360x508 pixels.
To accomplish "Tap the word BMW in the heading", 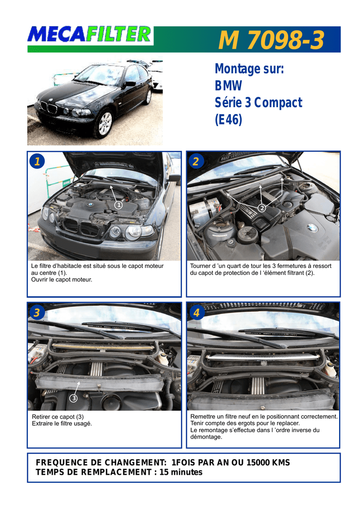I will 228,86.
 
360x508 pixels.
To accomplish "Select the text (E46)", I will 228,120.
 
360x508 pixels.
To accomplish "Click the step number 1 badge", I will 37,161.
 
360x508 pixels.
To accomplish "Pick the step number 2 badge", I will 196,161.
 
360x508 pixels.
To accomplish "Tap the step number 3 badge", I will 37,313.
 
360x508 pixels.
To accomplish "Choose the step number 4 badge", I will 196,313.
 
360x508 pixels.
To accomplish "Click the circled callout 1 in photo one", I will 118,204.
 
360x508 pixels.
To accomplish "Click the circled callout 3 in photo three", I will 73,398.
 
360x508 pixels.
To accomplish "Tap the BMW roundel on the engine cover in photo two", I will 312,228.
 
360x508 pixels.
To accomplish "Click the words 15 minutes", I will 180,472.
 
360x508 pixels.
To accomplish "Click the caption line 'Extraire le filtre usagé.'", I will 62,423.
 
